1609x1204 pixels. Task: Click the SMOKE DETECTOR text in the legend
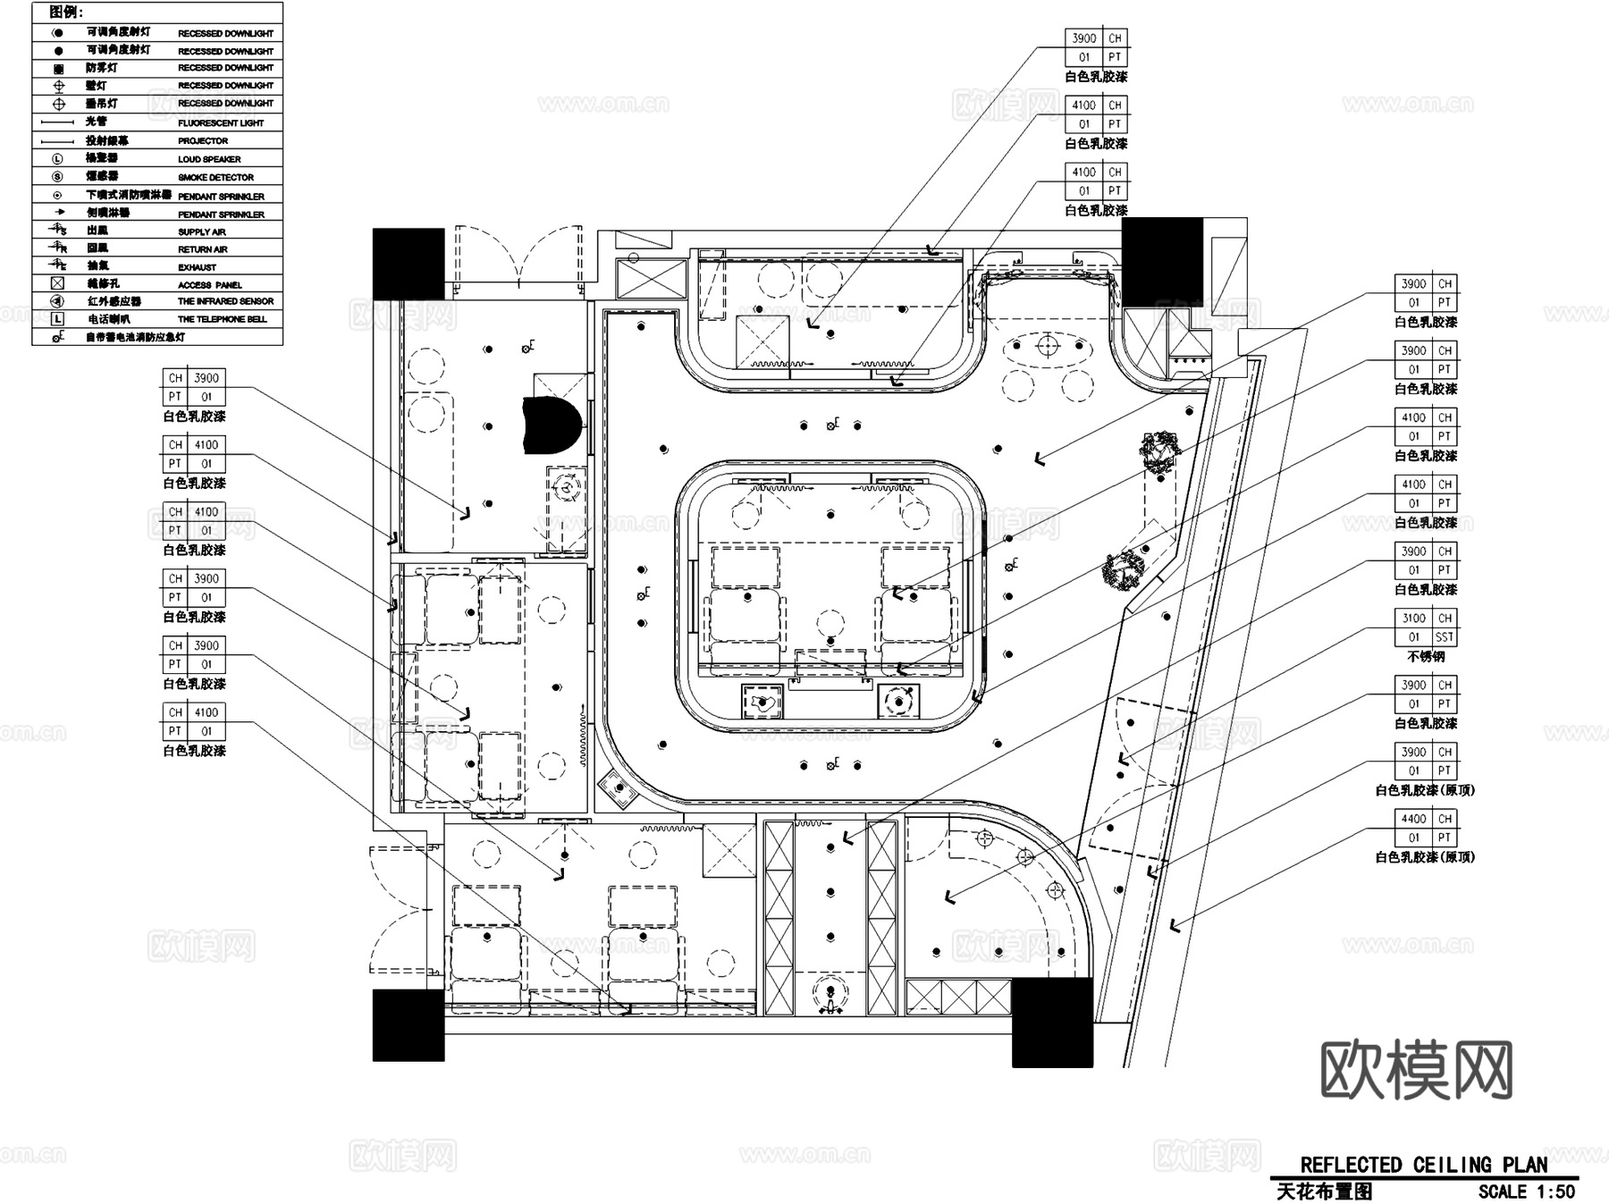[215, 178]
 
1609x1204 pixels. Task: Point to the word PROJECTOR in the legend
[203, 141]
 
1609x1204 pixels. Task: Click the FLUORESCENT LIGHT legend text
[221, 123]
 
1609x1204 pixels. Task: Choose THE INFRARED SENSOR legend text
[225, 302]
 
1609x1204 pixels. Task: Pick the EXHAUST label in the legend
[197, 267]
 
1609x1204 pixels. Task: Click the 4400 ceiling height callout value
[1413, 819]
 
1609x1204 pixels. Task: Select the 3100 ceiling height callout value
[1413, 619]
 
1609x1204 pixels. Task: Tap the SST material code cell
[1445, 637]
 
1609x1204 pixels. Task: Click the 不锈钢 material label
[1426, 657]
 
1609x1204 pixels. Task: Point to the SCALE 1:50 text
[1526, 1191]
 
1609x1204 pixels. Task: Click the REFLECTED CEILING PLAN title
[1423, 1165]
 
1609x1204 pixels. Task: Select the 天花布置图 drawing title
[1324, 1191]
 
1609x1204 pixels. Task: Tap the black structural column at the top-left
[409, 263]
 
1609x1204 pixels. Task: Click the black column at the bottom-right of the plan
[1052, 1022]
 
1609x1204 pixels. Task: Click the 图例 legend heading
[65, 13]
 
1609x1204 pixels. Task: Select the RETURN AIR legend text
[202, 249]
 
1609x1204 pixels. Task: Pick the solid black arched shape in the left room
[552, 425]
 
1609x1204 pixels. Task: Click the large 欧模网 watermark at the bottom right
[1416, 1069]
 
